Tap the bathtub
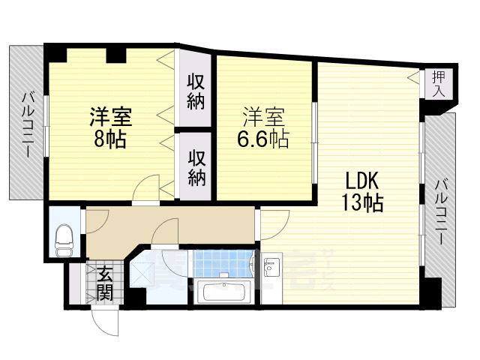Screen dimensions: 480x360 click(224, 292)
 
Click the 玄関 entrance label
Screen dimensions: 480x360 click(105, 283)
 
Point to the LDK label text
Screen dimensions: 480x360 click(362, 181)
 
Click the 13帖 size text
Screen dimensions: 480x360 click(362, 203)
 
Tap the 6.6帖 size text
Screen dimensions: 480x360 click(263, 139)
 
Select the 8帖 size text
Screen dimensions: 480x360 click(110, 139)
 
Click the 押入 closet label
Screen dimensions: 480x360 click(439, 83)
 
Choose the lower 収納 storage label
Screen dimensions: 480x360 click(196, 168)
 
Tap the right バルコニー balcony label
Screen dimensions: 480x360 click(442, 211)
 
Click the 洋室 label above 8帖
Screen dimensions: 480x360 click(111, 117)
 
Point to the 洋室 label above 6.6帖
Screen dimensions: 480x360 click(263, 117)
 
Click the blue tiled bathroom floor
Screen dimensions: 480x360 click(223, 263)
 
